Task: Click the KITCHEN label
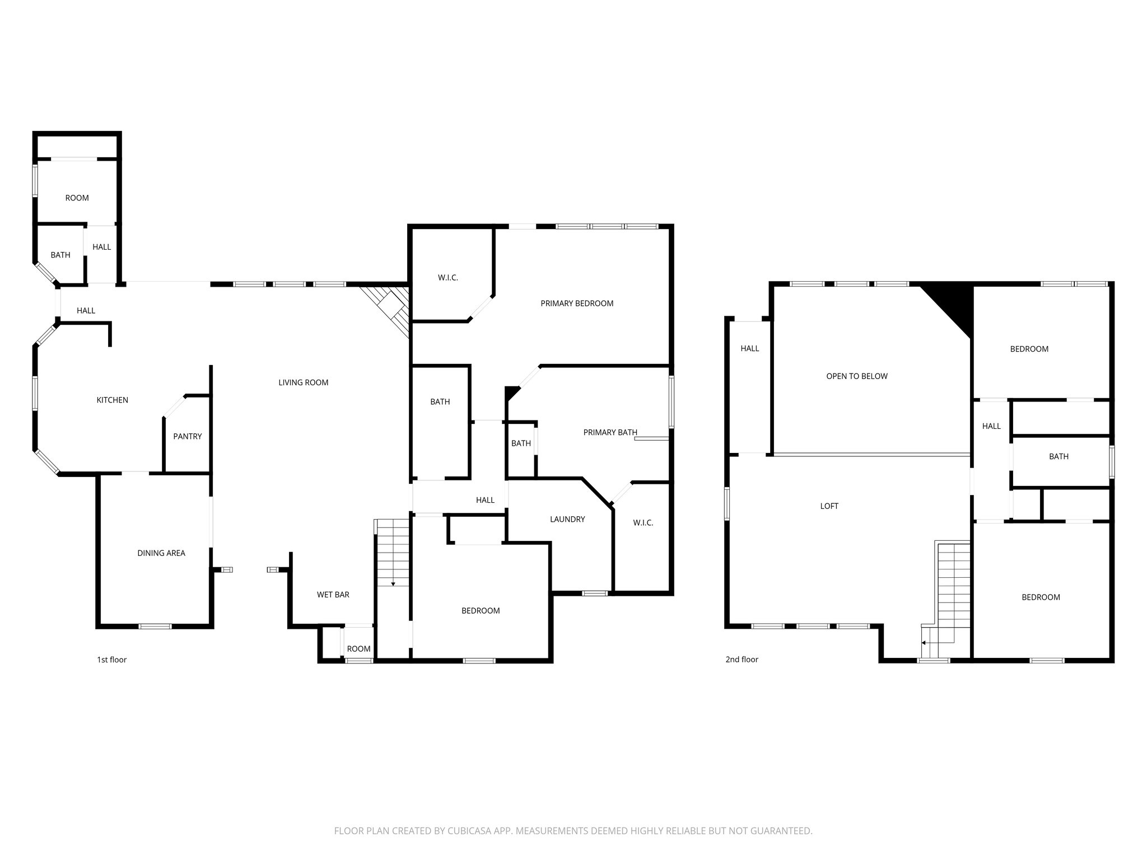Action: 113,400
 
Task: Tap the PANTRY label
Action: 187,436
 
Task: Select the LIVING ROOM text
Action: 303,382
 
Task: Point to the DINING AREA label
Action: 161,553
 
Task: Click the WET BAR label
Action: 333,595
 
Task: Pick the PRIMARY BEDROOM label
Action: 577,303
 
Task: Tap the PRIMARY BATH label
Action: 610,432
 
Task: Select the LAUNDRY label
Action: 567,519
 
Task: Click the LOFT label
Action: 829,506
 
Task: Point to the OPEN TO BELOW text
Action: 857,376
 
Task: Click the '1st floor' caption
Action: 112,660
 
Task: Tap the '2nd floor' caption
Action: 742,660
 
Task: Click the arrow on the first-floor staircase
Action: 393,583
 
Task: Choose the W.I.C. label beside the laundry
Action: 643,523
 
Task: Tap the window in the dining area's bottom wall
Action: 155,626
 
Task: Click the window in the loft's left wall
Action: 728,504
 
